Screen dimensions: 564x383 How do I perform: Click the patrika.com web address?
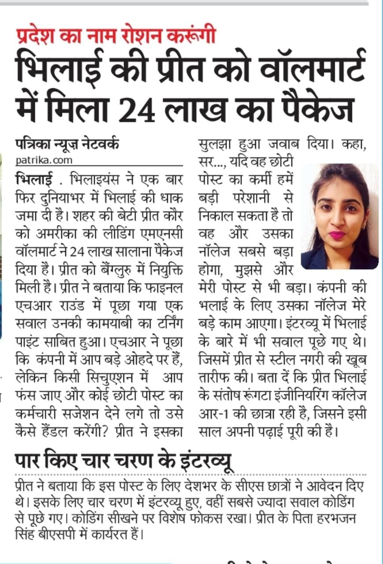click(x=44, y=160)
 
